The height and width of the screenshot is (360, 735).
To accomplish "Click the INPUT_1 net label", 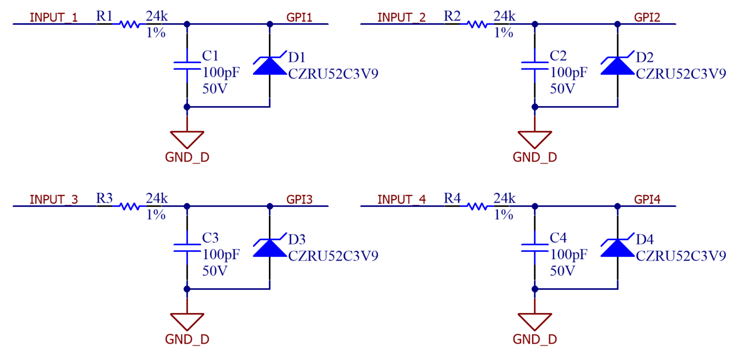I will point(53,18).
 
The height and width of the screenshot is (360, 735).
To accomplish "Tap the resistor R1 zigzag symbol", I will point(129,24).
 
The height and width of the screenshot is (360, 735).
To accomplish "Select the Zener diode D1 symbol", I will point(269,65).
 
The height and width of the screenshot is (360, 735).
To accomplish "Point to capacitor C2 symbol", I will point(534,65).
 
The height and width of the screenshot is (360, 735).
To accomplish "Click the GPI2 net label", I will point(647,18).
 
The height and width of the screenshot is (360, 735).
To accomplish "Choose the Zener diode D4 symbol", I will point(617,248).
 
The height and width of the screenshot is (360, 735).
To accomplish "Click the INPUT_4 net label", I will point(401,200).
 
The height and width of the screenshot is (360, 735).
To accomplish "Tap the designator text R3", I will point(104,198).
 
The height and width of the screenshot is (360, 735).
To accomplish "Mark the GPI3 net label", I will point(299,200).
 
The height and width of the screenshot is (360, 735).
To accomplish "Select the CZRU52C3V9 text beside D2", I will point(681,74).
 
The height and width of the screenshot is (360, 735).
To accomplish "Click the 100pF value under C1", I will point(221,73).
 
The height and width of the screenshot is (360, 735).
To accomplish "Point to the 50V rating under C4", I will point(563,271).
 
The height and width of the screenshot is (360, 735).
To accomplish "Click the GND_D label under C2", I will point(535,157).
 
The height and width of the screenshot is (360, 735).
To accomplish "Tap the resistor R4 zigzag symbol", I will point(477,206).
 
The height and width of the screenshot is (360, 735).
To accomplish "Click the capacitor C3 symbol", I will point(187,248).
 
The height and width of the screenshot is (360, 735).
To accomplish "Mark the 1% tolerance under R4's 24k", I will point(503,215).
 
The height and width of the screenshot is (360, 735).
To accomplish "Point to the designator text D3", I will point(297,239).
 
